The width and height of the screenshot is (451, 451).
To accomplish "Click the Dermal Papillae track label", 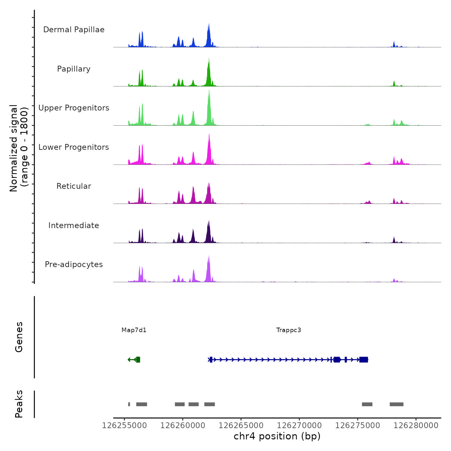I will (x=74, y=30).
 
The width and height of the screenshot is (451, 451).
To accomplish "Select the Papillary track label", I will (x=74, y=69).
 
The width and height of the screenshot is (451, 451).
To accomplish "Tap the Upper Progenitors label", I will (x=74, y=108).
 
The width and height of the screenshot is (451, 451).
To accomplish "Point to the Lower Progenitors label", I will (x=74, y=147).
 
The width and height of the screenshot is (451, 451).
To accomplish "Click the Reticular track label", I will (x=74, y=186).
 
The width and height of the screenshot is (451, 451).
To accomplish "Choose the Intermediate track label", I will (x=74, y=225).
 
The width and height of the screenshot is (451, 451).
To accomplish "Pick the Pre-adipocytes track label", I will (x=74, y=264).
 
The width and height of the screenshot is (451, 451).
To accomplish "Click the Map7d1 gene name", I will (x=134, y=330).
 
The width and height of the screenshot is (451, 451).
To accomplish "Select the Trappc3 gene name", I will (x=289, y=330).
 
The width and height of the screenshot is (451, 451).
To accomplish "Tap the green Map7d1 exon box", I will (x=138, y=360).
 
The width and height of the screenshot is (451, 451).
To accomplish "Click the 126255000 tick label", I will (x=124, y=426).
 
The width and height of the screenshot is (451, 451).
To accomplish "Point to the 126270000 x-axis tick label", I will (x=299, y=426).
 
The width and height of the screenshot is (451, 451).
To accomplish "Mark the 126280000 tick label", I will (x=416, y=426).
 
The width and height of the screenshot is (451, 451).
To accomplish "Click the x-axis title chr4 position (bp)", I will (x=277, y=436).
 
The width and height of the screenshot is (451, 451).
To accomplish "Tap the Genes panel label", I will (x=19, y=337).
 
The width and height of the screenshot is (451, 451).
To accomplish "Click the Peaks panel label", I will (x=19, y=404).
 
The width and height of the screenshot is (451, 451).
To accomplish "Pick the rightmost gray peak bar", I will (x=396, y=404).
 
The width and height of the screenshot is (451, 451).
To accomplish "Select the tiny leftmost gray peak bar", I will (x=129, y=404).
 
